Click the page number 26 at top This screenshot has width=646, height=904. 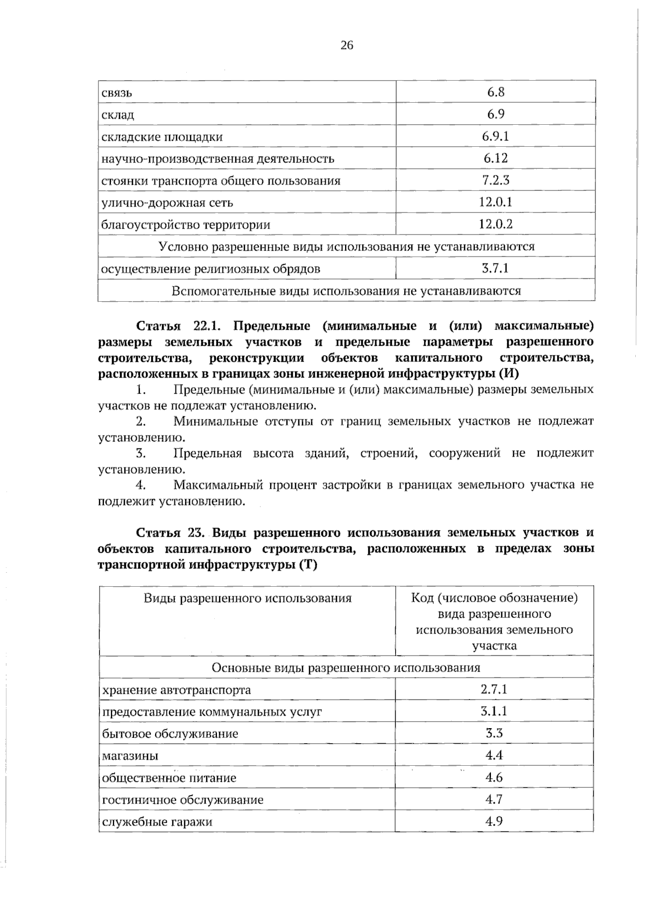(347, 46)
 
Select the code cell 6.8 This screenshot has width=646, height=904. (495, 92)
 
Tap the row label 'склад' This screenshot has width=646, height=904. (118, 115)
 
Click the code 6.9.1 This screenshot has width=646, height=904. (495, 136)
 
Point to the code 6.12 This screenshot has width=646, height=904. (495, 158)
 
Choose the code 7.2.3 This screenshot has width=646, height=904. (495, 180)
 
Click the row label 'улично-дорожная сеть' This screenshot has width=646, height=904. (167, 203)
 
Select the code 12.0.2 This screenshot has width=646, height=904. (495, 224)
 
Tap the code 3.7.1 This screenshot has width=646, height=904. (495, 268)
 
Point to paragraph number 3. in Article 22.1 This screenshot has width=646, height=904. (142, 453)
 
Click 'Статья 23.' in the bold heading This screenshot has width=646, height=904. (169, 532)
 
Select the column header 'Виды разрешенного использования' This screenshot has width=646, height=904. (247, 598)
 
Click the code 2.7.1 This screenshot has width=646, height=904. (494, 689)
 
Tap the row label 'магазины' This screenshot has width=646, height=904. (130, 756)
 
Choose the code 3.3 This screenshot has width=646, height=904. (494, 734)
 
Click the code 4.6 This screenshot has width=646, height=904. (494, 778)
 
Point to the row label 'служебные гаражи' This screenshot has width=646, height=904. (157, 822)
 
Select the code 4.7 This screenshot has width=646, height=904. (494, 800)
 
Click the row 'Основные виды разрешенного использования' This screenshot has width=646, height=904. (346, 668)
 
